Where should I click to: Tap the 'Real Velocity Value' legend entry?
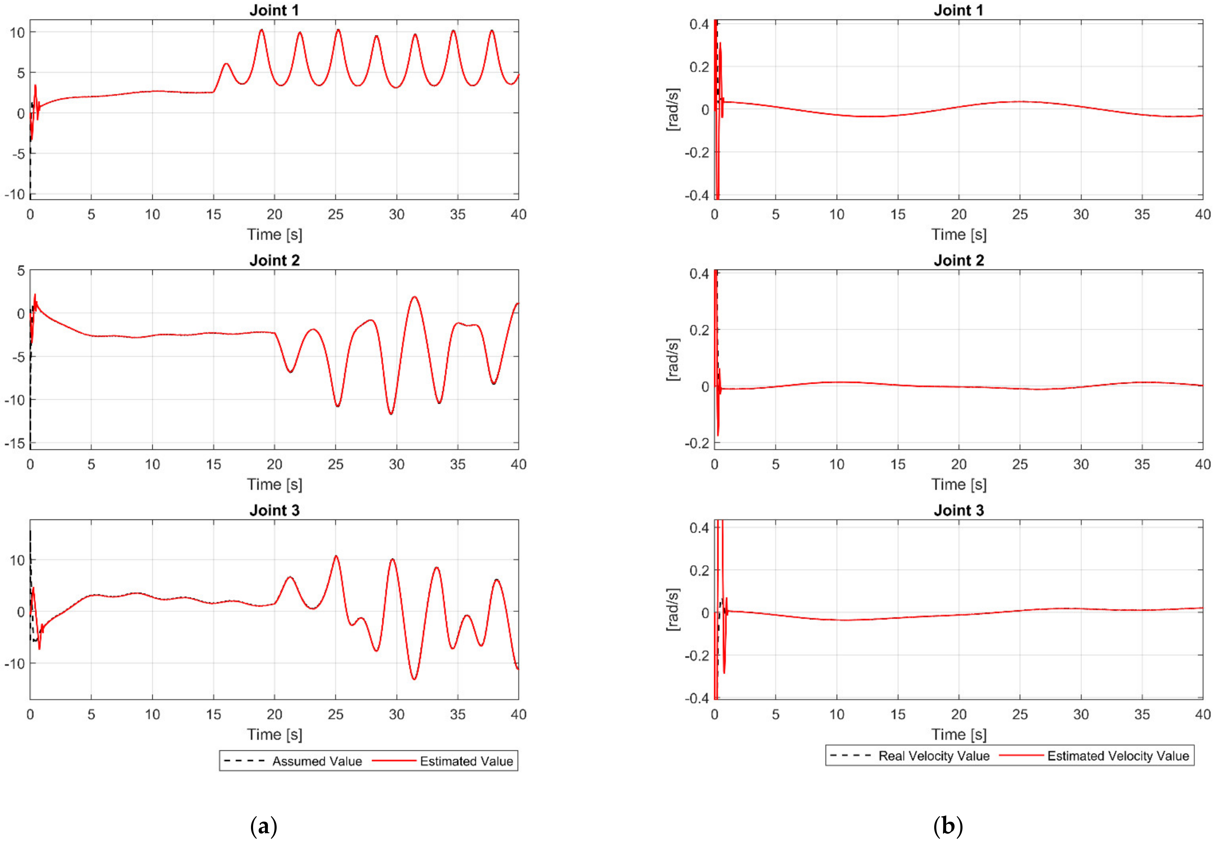(x=933, y=756)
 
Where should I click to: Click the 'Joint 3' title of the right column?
(x=958, y=510)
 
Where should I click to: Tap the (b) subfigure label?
(x=948, y=826)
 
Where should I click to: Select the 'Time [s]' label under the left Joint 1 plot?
(x=274, y=234)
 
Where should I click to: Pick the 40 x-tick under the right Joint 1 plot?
(x=1203, y=214)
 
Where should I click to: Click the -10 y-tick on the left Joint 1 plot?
(x=15, y=194)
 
